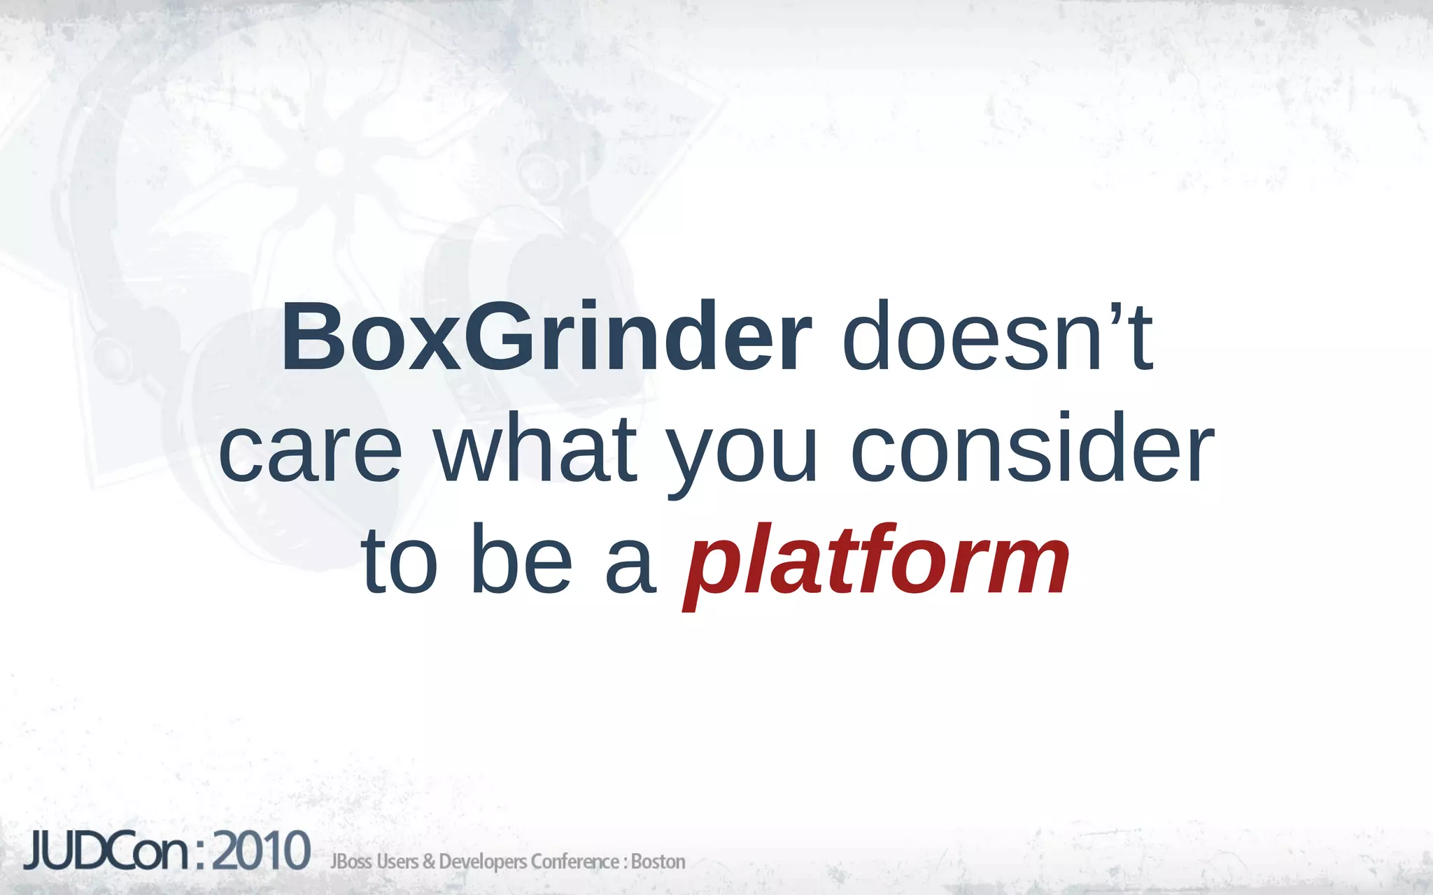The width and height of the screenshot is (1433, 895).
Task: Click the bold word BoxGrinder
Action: click(546, 337)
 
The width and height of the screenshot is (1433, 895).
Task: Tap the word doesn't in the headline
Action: click(996, 337)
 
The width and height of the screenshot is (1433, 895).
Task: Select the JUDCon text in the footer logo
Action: click(106, 851)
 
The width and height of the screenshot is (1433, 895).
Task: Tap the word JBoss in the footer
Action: click(351, 861)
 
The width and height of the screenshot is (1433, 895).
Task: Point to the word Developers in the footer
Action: click(482, 862)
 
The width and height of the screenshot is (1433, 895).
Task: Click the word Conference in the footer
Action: click(574, 861)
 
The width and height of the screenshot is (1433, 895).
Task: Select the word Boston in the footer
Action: click(658, 861)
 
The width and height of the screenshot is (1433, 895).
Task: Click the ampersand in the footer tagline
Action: click(429, 861)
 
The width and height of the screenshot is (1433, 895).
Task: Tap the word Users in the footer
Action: click(398, 861)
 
